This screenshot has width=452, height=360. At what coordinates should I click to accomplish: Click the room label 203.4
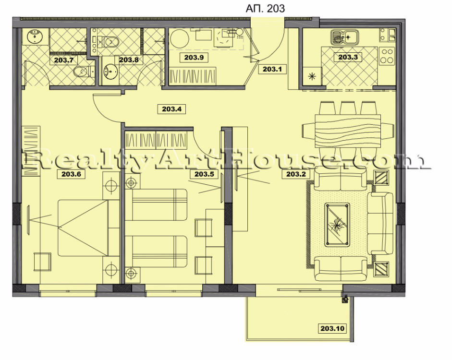tap(172, 109)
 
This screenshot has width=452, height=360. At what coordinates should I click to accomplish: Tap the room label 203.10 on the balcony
tap(332, 328)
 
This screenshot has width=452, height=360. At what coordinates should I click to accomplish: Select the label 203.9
tap(194, 57)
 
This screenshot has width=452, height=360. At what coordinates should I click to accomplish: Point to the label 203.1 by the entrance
tap(272, 69)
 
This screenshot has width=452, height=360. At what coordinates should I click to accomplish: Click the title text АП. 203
tap(265, 9)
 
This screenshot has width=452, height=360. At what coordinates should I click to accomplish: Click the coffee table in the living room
tap(337, 224)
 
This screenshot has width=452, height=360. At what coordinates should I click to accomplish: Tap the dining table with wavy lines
tap(348, 131)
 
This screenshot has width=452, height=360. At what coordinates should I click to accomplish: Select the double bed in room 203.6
tap(84, 228)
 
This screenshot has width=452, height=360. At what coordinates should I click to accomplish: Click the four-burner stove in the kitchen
tap(387, 56)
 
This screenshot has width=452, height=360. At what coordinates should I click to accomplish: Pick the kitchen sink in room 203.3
tap(344, 37)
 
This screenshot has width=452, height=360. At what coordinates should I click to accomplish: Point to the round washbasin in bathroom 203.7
tap(35, 36)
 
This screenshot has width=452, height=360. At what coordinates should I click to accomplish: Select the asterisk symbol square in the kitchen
tap(312, 76)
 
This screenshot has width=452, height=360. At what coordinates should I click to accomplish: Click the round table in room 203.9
tap(180, 39)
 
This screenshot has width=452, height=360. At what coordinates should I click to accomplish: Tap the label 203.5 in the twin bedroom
tap(204, 174)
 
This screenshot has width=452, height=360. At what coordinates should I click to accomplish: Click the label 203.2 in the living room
tap(296, 174)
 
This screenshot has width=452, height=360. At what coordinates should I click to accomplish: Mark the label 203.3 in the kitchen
tap(348, 57)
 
